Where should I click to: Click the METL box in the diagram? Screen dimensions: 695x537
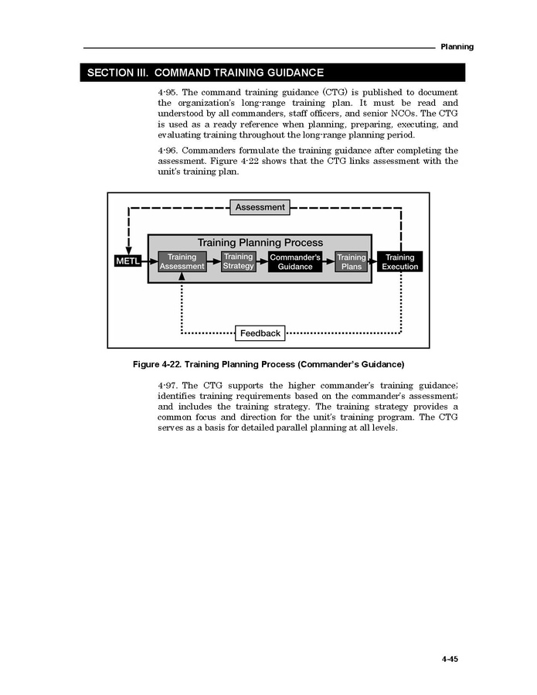128,261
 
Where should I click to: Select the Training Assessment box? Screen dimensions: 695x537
182,262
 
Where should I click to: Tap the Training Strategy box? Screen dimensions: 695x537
238,261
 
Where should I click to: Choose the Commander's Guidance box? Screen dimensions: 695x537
295,262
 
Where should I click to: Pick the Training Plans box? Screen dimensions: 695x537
352,262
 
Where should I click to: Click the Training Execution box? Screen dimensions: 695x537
399,262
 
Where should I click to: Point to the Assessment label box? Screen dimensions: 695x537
260,207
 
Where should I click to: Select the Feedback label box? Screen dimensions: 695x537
260,333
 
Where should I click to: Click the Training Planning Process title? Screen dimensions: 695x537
260,243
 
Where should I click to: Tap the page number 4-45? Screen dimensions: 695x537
450,659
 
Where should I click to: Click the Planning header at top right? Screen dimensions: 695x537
457,47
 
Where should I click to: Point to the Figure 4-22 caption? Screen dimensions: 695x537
268,364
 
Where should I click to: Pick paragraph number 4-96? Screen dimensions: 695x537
168,151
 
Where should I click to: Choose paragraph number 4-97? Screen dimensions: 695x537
168,386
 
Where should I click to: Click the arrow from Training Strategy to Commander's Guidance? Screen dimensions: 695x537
262,261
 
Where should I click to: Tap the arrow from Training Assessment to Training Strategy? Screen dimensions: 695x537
214,261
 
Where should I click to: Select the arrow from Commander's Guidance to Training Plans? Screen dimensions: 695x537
328,261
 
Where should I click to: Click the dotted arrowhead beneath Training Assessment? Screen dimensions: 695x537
182,277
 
